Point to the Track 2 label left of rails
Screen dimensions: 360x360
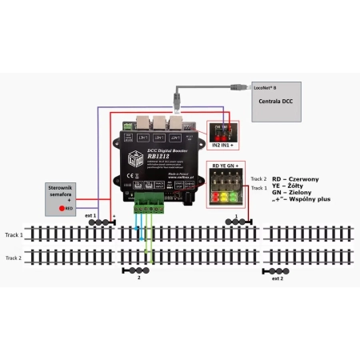click(13, 258)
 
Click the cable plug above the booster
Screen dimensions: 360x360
click(178, 99)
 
